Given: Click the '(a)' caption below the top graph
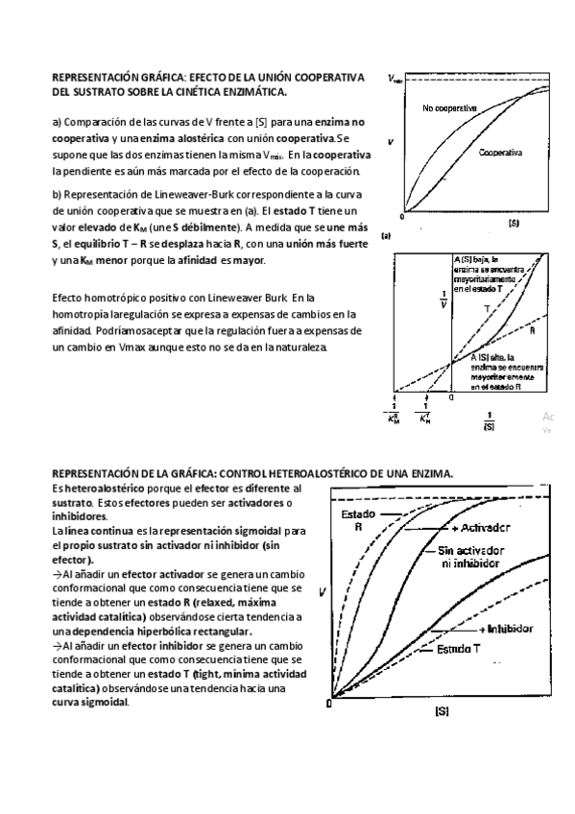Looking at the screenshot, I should pos(386,234).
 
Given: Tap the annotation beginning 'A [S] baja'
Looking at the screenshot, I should pos(491,274).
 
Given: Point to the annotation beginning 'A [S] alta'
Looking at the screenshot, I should pos(508,371).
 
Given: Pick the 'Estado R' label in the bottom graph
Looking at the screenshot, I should pos(358,520).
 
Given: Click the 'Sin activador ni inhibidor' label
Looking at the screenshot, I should pos(475,558).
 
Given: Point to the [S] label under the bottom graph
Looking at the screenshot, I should pos(443,711).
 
